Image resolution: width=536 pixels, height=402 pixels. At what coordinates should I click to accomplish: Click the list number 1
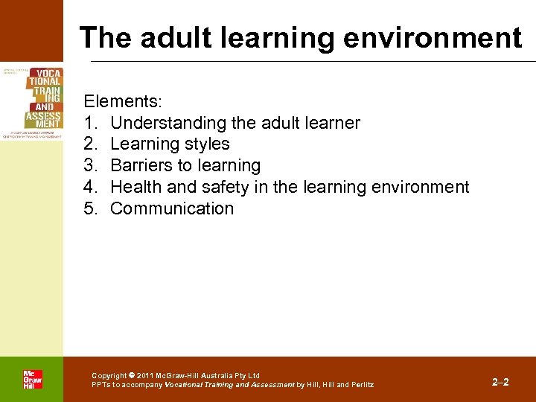click(90, 123)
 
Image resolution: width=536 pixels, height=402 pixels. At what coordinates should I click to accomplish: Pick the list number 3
click(90, 165)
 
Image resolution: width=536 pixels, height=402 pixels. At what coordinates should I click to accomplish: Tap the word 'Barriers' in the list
click(141, 165)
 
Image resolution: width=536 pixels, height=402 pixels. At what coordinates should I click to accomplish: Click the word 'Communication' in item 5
click(172, 208)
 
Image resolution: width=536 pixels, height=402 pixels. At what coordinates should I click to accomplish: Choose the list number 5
click(90, 208)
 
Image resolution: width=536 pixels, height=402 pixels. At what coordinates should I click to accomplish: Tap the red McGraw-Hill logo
click(32, 379)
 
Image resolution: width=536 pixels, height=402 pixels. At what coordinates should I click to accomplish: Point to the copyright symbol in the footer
click(131, 376)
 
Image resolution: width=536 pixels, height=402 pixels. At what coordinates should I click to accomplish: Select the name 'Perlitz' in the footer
click(363, 385)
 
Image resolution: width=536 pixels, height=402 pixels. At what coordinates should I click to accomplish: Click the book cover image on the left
click(32, 103)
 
